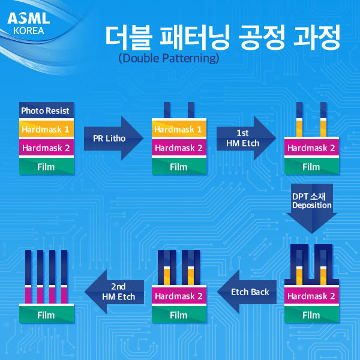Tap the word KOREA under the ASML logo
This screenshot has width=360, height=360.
[28, 30]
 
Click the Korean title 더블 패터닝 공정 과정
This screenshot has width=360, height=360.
[222, 38]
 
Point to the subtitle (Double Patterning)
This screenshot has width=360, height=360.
[169, 59]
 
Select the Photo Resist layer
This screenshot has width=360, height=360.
[45, 110]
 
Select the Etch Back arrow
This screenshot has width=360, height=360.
[250, 292]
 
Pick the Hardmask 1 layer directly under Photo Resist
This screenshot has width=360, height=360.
[45, 129]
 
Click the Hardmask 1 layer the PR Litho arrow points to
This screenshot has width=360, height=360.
[178, 129]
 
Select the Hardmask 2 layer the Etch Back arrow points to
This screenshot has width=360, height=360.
[178, 296]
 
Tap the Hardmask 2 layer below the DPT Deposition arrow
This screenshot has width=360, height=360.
[311, 296]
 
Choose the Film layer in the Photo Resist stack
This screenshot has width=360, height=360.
[45, 167]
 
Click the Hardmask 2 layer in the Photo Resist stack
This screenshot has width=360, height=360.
[45, 148]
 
